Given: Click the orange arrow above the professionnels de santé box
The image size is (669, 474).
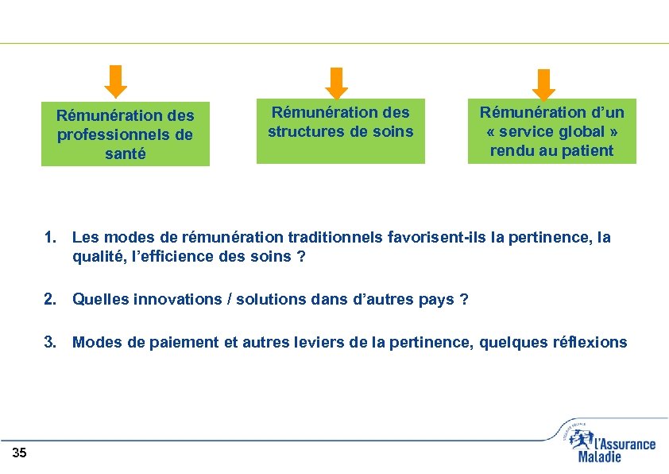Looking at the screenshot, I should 117,80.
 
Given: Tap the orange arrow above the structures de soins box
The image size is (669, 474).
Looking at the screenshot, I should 338,83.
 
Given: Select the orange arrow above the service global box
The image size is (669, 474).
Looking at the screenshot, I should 543,84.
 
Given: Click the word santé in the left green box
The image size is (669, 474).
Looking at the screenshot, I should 126,154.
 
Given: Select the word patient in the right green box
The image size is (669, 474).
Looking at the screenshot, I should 588,151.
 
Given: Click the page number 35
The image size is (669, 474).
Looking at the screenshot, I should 20,453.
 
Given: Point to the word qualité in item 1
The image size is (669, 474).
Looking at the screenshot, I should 98,257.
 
